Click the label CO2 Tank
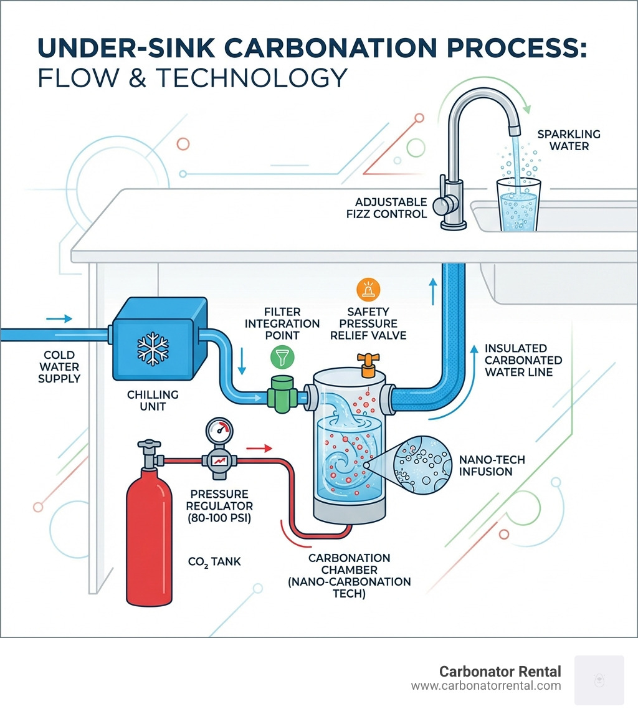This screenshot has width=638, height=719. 214,562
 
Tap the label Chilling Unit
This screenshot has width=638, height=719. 153,401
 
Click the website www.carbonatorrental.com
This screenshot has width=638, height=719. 486,686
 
